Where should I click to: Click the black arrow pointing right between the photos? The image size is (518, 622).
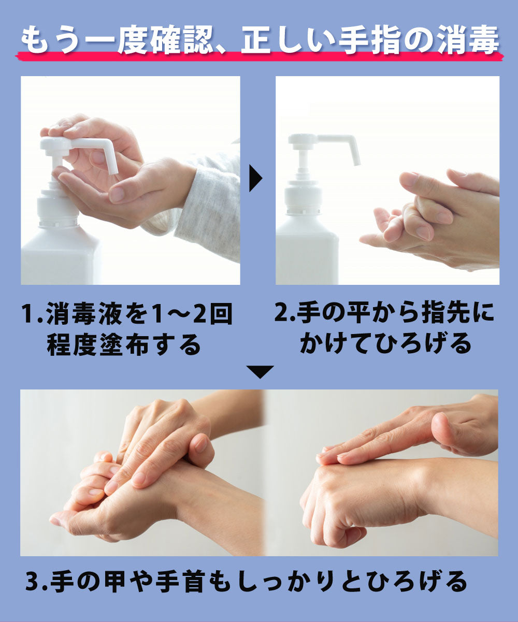[255, 179]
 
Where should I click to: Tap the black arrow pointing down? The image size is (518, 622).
[260, 372]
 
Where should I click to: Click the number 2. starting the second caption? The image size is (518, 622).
[284, 312]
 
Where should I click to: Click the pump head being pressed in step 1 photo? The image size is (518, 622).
[57, 143]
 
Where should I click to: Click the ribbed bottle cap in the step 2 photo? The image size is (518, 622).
[303, 199]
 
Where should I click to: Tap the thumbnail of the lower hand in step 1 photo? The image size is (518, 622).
[117, 195]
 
